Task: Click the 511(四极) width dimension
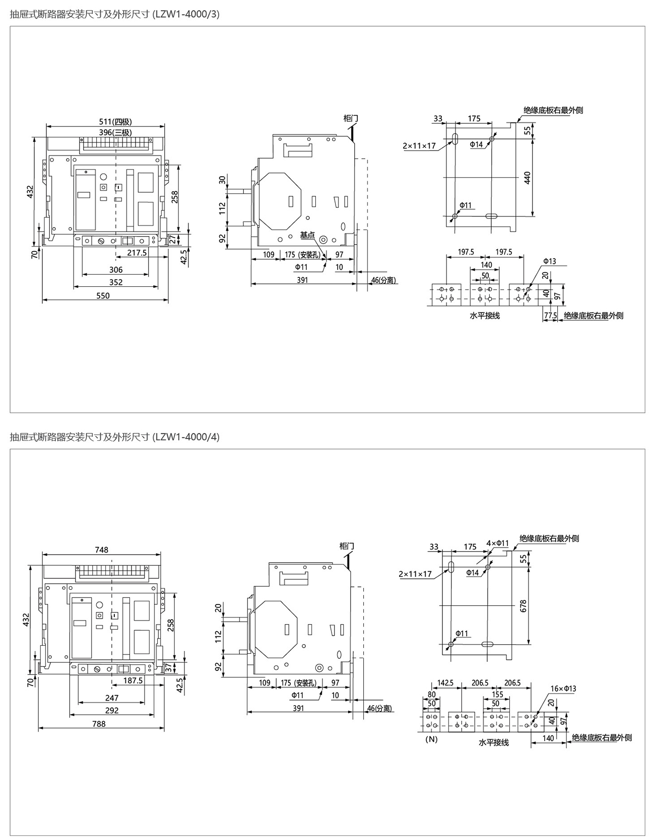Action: pyautogui.click(x=115, y=122)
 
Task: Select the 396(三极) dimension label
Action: pyautogui.click(x=115, y=132)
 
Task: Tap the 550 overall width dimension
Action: pyautogui.click(x=103, y=295)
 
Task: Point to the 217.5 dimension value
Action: pyautogui.click(x=137, y=253)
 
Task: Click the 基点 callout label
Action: pyautogui.click(x=307, y=235)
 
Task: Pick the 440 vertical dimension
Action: pyautogui.click(x=528, y=178)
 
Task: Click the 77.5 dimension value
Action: pyautogui.click(x=550, y=316)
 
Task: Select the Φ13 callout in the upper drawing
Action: pyautogui.click(x=549, y=261)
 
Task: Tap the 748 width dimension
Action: pyautogui.click(x=102, y=550)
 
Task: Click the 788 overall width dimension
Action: pyautogui.click(x=99, y=724)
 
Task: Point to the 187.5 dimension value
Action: pyautogui.click(x=133, y=680)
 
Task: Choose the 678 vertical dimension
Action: pyautogui.click(x=523, y=605)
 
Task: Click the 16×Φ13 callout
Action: pyautogui.click(x=563, y=689)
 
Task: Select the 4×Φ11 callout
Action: pyautogui.click(x=498, y=544)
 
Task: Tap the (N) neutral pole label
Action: pyautogui.click(x=432, y=739)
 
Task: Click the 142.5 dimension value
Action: pyautogui.click(x=445, y=683)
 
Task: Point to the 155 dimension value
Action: pyautogui.click(x=497, y=695)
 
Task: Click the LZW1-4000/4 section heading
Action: pyautogui.click(x=115, y=437)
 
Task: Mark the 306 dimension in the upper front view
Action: pyautogui.click(x=116, y=270)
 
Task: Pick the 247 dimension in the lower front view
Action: pyautogui.click(x=112, y=698)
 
